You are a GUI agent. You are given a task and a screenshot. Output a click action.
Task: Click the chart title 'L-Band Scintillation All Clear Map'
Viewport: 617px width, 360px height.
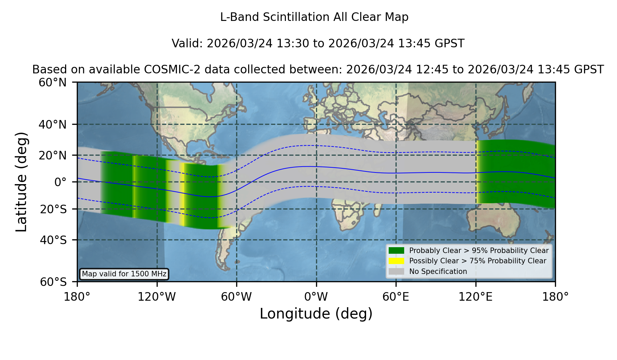tap(314, 17)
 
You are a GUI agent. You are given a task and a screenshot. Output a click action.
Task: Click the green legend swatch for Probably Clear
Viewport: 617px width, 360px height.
tap(396, 251)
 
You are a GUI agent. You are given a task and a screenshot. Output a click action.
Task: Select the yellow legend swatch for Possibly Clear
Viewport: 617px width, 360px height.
tap(396, 261)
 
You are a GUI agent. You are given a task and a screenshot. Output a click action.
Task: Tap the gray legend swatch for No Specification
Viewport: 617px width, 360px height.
tap(396, 272)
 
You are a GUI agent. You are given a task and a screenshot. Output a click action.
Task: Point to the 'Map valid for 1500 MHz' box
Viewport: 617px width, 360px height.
tap(124, 274)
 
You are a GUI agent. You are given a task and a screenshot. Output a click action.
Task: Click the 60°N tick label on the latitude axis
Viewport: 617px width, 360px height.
tap(52, 83)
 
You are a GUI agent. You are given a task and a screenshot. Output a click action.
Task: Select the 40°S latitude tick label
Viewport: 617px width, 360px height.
tap(53, 240)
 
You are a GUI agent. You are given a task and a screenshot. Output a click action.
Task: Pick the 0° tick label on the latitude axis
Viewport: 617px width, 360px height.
tap(61, 182)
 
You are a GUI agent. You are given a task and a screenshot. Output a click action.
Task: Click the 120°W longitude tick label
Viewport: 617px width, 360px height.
tap(157, 297)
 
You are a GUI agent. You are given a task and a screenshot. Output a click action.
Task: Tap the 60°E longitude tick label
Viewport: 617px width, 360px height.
tap(396, 297)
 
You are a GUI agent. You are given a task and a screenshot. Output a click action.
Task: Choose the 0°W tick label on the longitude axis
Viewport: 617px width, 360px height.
tap(316, 297)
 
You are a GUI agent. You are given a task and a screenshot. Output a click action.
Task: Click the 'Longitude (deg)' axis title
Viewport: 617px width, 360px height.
tap(316, 314)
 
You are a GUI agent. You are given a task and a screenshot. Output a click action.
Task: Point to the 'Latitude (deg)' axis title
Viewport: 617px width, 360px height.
tap(21, 182)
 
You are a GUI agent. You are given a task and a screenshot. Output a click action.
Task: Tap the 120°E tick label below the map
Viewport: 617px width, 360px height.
tap(475, 297)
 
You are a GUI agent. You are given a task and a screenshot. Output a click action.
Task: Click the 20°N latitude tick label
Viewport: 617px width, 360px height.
tap(52, 155)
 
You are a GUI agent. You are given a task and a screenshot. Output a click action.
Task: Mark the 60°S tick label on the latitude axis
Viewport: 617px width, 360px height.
tap(53, 282)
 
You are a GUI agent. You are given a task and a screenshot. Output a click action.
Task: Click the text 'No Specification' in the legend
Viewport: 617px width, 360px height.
tap(438, 272)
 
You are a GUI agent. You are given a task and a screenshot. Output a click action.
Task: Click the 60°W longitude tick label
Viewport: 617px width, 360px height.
tap(237, 297)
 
